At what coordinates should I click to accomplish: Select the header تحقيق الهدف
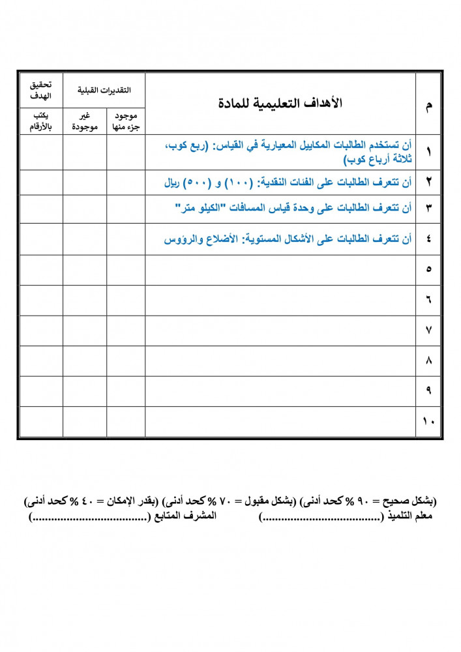pyautogui.click(x=40, y=91)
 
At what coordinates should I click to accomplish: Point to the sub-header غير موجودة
pyautogui.click(x=85, y=122)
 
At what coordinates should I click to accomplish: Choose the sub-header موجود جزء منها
pyautogui.click(x=126, y=122)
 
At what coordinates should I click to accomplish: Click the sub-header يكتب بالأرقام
pyautogui.click(x=40, y=122)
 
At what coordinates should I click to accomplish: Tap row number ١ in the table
pyautogui.click(x=428, y=152)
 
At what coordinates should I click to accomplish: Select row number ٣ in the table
pyautogui.click(x=428, y=209)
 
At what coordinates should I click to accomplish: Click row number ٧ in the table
pyautogui.click(x=428, y=331)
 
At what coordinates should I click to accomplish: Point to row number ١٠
pyautogui.click(x=428, y=421)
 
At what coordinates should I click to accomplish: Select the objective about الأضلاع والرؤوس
pyautogui.click(x=288, y=239)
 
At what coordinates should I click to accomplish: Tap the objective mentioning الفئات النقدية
pyautogui.click(x=288, y=183)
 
